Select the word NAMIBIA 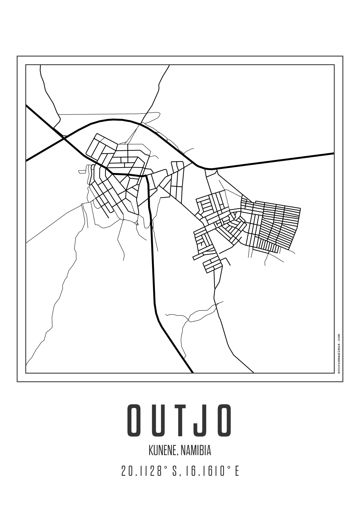196,450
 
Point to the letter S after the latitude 175,471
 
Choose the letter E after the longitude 237,471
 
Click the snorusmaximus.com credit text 338,354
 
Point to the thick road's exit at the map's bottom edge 193,372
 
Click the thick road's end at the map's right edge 333,153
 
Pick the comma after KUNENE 177,454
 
